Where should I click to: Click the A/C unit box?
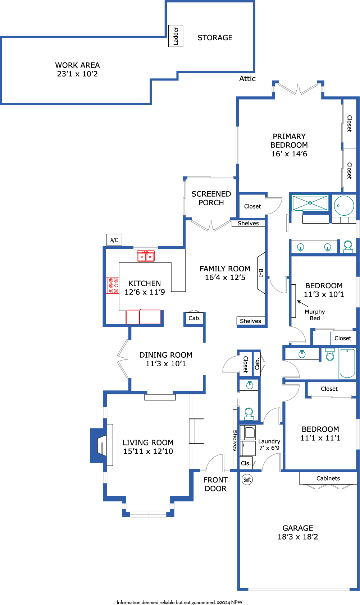pos(114,239)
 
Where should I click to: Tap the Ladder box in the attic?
pos(176,36)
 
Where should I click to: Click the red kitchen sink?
pos(146,256)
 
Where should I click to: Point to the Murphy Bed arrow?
pos(302,303)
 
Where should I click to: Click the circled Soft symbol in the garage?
pos(247,480)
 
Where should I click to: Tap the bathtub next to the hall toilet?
pos(347,363)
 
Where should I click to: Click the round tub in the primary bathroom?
pos(344,206)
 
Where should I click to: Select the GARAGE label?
pos(298,528)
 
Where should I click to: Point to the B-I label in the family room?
pos(261,273)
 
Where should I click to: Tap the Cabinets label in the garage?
pos(328,478)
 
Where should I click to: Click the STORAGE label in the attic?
pos(215,37)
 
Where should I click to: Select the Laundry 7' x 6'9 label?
pos(269,444)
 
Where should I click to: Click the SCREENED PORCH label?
pos(211,198)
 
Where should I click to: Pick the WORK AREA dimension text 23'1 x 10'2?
pos(77,74)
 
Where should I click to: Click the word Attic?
pos(247,79)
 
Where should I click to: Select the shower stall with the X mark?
pos(310,203)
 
